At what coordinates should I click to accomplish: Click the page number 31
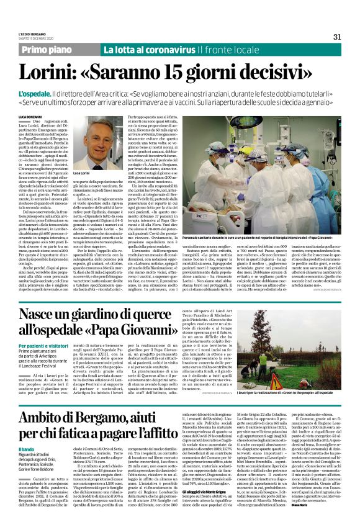(x=337, y=36)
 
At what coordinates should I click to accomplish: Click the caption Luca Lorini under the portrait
(x=83, y=173)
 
